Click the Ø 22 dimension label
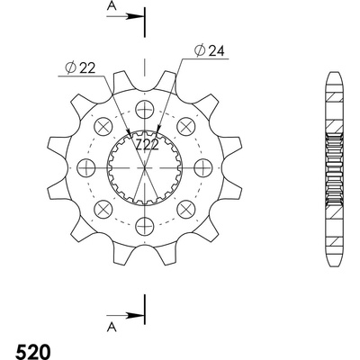coord(80,68)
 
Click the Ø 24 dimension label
coord(210,51)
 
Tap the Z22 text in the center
coord(147,145)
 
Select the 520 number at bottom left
coord(33,352)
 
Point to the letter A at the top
coord(112,6)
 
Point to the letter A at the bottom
coord(112,328)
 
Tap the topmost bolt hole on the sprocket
coord(145,109)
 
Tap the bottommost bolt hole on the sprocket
coord(145,226)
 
